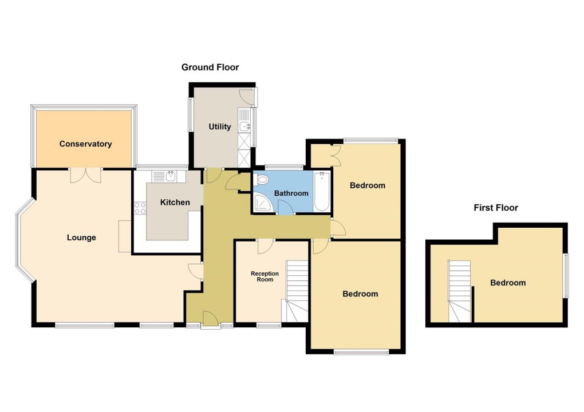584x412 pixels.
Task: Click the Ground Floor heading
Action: tap(210, 68)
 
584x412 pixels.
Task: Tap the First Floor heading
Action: tap(495, 208)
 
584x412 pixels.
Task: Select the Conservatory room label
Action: tap(85, 144)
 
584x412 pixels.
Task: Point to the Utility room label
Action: tap(220, 126)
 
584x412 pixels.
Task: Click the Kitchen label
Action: tap(175, 203)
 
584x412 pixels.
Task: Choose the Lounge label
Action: tap(81, 237)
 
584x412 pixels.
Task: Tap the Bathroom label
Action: tap(291, 193)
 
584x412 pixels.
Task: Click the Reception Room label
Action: tap(265, 276)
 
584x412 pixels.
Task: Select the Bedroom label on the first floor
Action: tap(507, 283)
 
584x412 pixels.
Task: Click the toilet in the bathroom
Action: tap(263, 180)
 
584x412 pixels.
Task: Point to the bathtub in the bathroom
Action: tap(321, 192)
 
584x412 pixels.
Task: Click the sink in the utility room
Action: tap(245, 126)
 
